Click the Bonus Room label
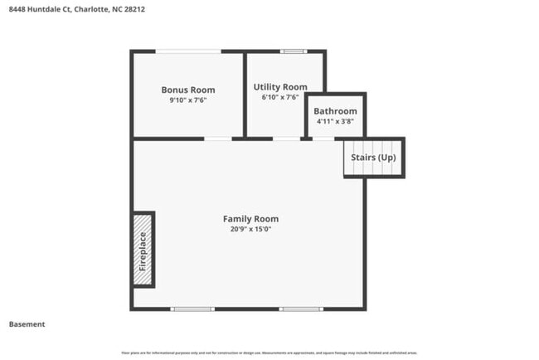(187, 90)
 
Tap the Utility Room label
(280, 86)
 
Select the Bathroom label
(335, 111)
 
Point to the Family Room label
(250, 219)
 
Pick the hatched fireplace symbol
(143, 250)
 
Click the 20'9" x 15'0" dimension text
(250, 229)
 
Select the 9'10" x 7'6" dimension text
(187, 100)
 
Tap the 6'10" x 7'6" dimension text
(280, 96)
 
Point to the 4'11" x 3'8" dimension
(335, 121)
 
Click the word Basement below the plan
(27, 324)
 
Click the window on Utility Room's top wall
(293, 51)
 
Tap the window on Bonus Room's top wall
(189, 51)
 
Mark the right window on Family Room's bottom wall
(301, 309)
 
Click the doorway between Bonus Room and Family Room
(218, 138)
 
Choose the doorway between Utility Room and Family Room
(287, 138)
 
